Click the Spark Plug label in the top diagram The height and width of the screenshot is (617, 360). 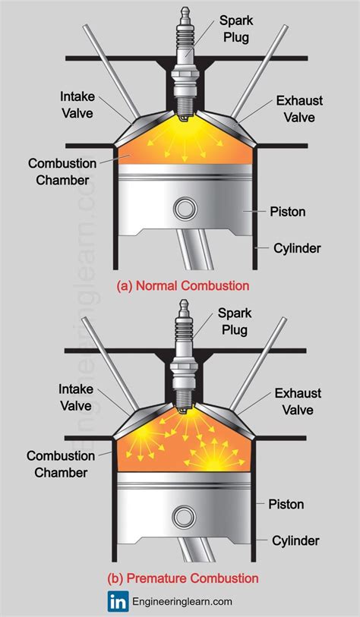[x=237, y=27]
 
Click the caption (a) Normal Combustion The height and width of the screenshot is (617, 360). [x=182, y=286]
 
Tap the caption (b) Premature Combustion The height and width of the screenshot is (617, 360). [x=182, y=578]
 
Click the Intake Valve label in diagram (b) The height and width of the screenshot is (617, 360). [x=76, y=398]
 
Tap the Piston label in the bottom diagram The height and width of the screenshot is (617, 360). [x=286, y=505]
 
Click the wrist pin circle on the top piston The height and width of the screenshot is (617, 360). [x=183, y=207]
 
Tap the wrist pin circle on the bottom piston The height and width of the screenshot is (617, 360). [x=182, y=518]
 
